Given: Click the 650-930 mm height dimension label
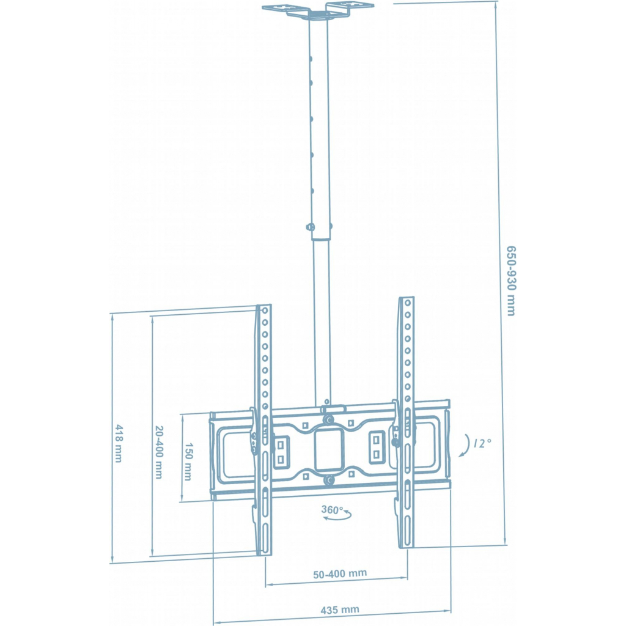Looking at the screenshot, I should point(510,281).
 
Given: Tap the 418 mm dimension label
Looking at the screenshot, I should point(118,443).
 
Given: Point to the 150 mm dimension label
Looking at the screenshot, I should point(189,460).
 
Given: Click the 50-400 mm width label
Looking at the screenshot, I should point(340,573).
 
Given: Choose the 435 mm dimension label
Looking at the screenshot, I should point(340,609).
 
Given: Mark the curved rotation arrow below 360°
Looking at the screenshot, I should point(337,518).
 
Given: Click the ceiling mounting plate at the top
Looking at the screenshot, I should point(318,10).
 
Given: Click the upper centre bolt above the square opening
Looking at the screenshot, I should point(329,420).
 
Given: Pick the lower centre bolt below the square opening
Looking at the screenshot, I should point(330,480).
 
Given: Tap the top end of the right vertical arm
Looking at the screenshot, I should point(407,301).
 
